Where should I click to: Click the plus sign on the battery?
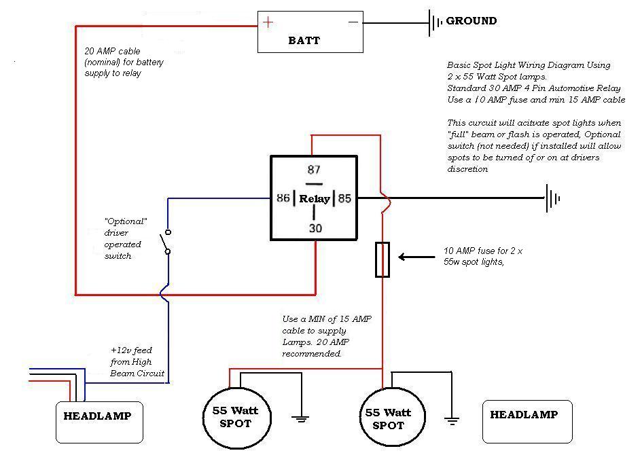tap(268, 22)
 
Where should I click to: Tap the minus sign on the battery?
tap(353, 22)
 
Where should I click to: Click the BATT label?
tap(304, 40)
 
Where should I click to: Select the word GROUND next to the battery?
tap(472, 21)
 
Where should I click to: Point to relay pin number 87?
tap(314, 170)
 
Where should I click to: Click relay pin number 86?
tap(283, 198)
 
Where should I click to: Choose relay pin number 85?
tap(344, 198)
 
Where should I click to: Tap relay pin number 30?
tap(315, 228)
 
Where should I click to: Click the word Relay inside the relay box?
tap(315, 199)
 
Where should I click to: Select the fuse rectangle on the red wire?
tap(383, 260)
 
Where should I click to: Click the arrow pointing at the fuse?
tap(416, 257)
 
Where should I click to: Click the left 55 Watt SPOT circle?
tap(236, 418)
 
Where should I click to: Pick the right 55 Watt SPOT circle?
tap(392, 417)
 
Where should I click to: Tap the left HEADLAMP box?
tap(100, 422)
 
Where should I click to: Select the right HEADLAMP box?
tap(527, 422)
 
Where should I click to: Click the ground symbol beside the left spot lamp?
tap(300, 418)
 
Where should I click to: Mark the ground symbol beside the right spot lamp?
tap(451, 420)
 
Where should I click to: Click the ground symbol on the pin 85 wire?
tap(552, 198)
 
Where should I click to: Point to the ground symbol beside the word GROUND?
tap(435, 22)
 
